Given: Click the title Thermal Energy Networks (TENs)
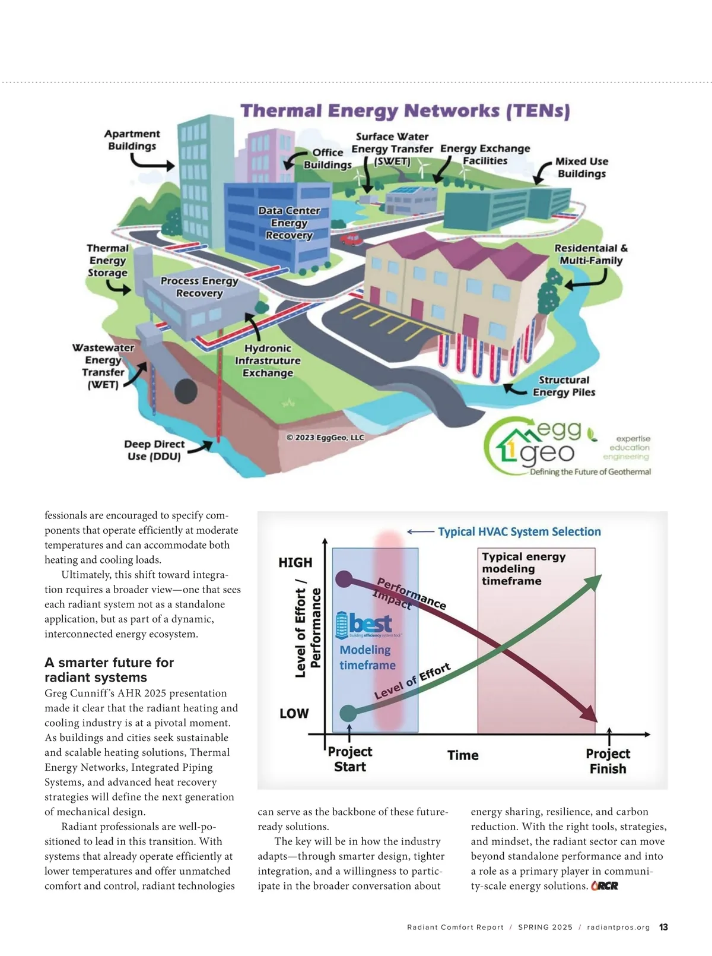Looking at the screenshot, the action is click(405, 110).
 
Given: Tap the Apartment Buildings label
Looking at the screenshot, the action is click(132, 140).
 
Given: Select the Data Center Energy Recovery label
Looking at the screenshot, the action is click(289, 223).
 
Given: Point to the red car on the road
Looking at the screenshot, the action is click(350, 239).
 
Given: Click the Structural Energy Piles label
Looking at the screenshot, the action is click(564, 386).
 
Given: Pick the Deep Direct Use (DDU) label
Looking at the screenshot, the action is click(154, 450).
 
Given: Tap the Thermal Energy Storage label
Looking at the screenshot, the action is click(107, 260).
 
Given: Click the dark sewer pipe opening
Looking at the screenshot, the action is click(186, 391).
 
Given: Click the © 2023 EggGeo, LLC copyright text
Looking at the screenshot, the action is click(325, 437).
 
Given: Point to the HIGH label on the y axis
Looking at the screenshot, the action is click(295, 563).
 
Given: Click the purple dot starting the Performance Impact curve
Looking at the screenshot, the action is click(344, 580).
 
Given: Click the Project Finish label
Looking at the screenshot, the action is click(608, 761).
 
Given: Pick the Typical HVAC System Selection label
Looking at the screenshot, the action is click(519, 532).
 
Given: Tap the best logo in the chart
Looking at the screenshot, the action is click(364, 624).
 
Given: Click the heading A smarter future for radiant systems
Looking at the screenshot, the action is click(109, 669).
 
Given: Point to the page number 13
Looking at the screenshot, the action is click(663, 927).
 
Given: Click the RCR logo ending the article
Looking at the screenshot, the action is click(605, 885).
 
